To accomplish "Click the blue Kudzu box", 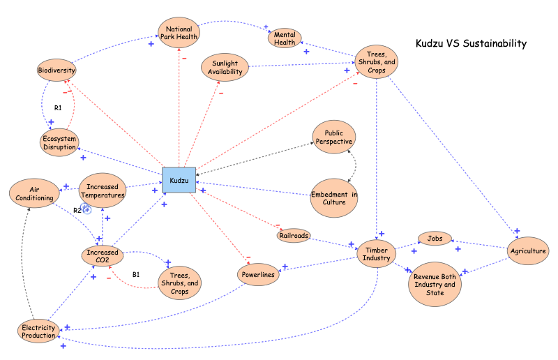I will pyautogui.click(x=179, y=181).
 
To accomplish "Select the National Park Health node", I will pyautogui.click(x=179, y=33).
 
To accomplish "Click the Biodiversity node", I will pyautogui.click(x=56, y=70).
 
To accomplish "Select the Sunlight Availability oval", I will pyautogui.click(x=225, y=67).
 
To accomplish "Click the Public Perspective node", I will pyautogui.click(x=334, y=137).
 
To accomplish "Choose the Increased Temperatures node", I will pyautogui.click(x=102, y=191).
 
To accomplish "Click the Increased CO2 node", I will pyautogui.click(x=102, y=256).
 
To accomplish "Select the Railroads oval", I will pyautogui.click(x=292, y=236).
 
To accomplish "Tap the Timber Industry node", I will pyautogui.click(x=377, y=253).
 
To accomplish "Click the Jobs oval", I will pyautogui.click(x=435, y=239).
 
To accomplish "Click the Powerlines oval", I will pyautogui.click(x=258, y=275).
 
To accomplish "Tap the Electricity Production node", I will pyautogui.click(x=38, y=331).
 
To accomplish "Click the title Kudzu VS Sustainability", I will pyautogui.click(x=471, y=44).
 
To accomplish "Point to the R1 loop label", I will pyautogui.click(x=59, y=108).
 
